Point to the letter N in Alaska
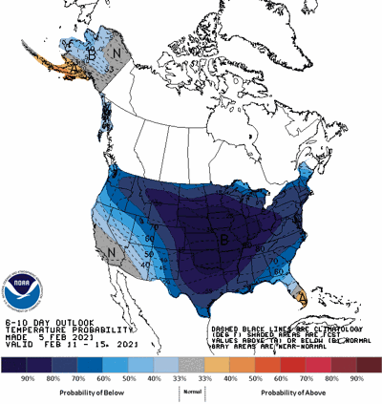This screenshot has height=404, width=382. pos(117,42)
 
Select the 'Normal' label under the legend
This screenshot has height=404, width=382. pos(191,392)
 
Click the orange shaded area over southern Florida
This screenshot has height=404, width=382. pos(299,292)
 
